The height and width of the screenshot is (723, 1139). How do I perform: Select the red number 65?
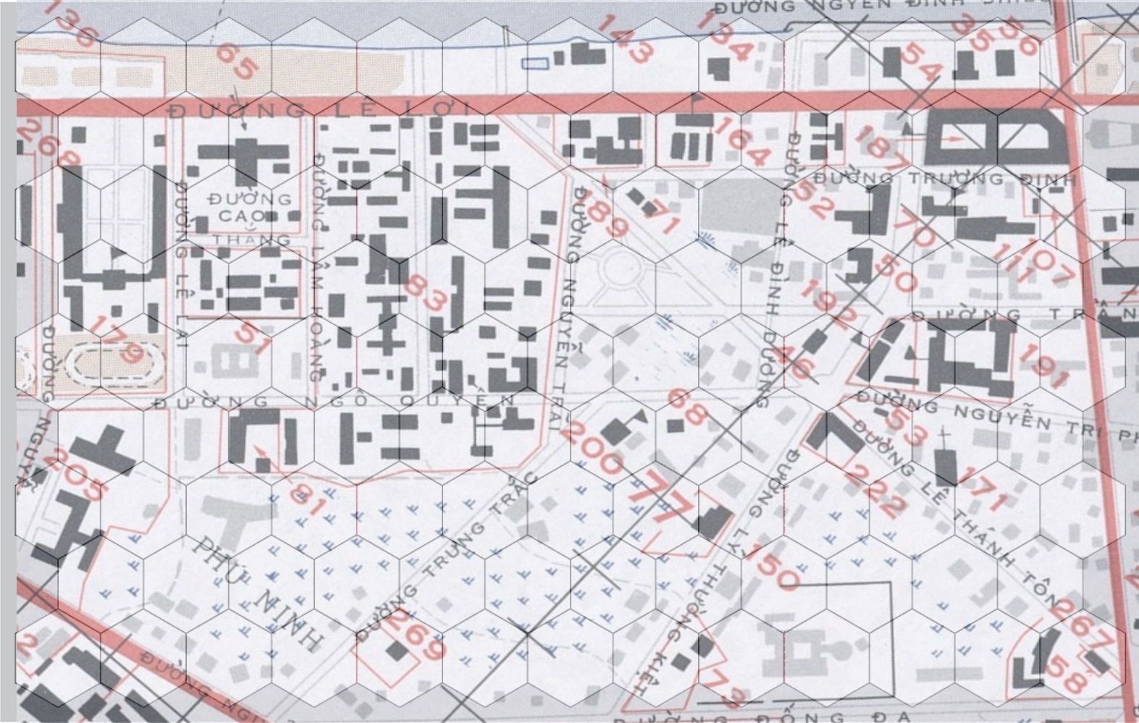click(x=235, y=61)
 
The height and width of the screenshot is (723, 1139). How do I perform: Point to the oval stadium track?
click(x=114, y=363)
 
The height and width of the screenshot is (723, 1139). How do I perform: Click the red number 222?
click(x=873, y=490)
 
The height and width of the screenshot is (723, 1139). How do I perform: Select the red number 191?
click(x=1043, y=366)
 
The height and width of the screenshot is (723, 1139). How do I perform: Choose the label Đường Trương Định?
click(x=945, y=178)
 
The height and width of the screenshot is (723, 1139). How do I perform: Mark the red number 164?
click(x=740, y=141)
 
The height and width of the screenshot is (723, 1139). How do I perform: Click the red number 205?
click(x=78, y=475)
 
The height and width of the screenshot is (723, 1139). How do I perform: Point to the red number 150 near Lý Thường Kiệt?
click(x=772, y=567)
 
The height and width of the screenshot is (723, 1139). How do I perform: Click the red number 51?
click(x=253, y=339)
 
